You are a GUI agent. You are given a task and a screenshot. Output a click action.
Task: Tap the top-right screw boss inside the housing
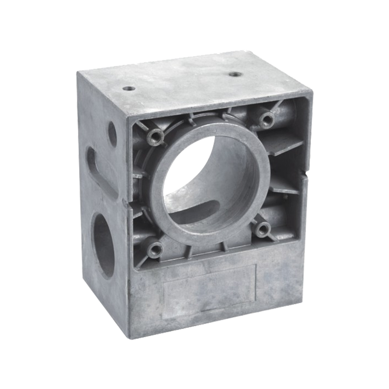[x=265, y=117]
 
